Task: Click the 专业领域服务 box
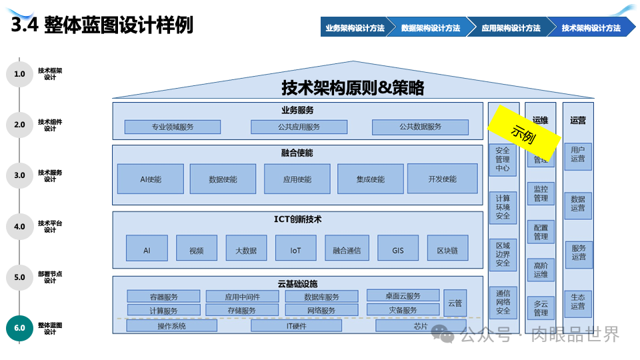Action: (172, 127)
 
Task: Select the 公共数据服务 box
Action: (420, 127)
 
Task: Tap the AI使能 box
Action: (150, 179)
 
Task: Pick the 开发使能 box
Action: (443, 179)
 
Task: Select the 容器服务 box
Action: (163, 297)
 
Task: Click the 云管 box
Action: (455, 303)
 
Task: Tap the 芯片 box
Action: (420, 326)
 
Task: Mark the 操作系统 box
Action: (171, 326)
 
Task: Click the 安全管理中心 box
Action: (503, 160)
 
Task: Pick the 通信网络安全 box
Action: (503, 302)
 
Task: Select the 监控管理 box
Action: (541, 193)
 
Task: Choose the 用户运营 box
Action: (577, 155)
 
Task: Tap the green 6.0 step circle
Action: (19, 328)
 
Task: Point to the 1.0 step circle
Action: (19, 74)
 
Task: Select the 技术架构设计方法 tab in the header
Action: (591, 28)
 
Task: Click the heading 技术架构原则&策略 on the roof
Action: (353, 87)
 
